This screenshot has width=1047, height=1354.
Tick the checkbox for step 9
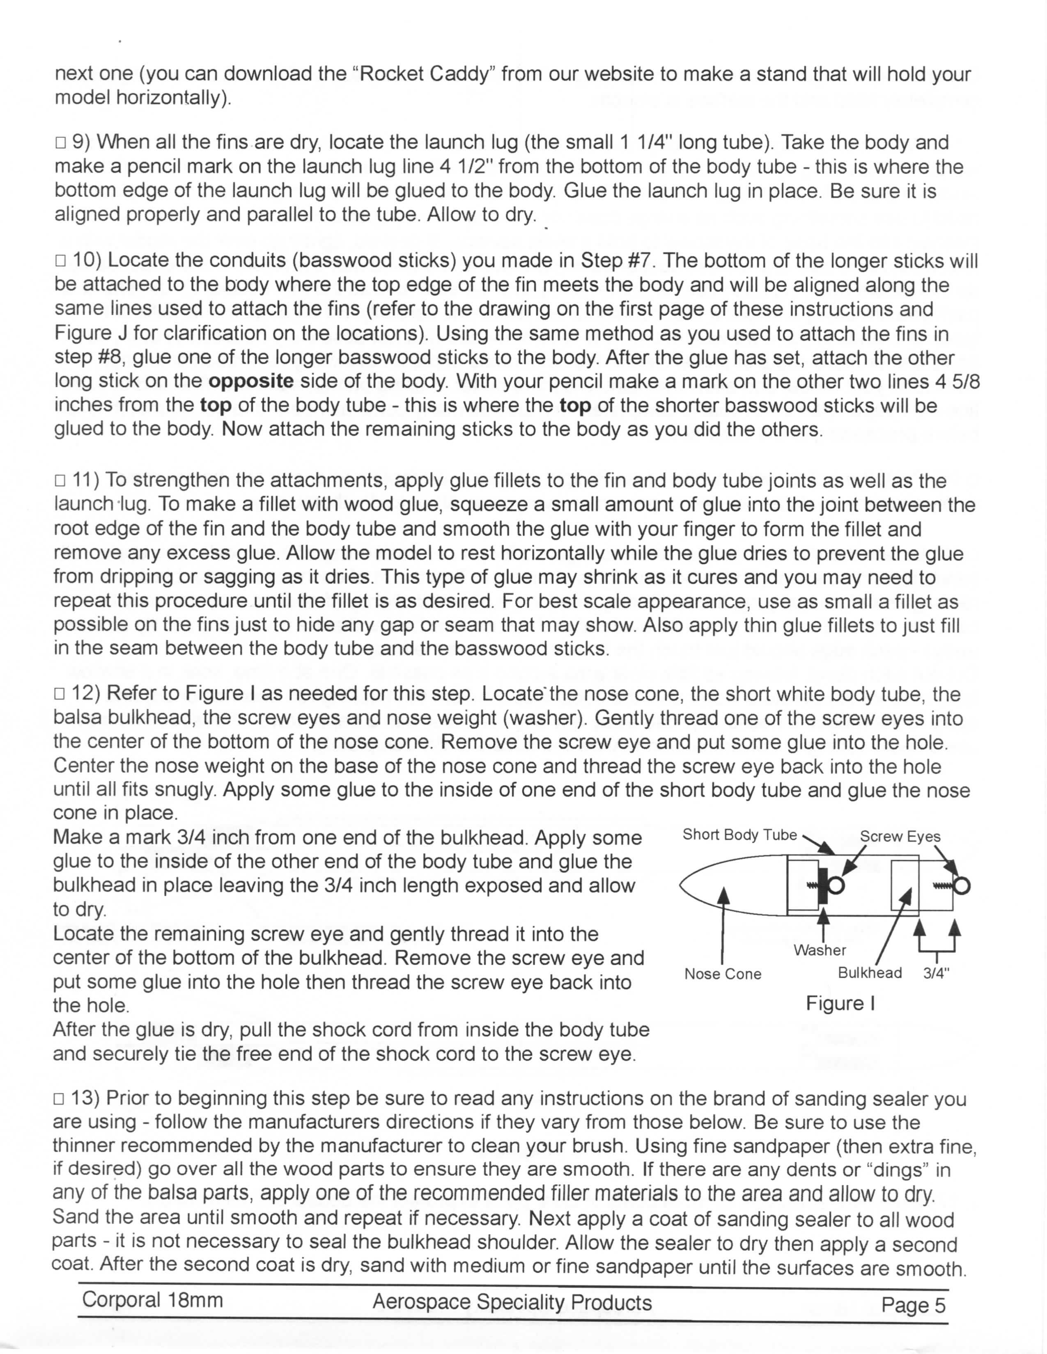tap(60, 144)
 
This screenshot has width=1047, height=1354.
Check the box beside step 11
tap(60, 481)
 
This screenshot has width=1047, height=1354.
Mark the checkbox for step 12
tap(60, 694)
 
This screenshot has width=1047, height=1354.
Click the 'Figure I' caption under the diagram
tap(840, 1004)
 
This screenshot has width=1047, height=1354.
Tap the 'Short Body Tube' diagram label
tap(739, 835)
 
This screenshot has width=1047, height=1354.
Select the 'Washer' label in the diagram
tap(820, 950)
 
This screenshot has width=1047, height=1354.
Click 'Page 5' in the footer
tap(913, 1306)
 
